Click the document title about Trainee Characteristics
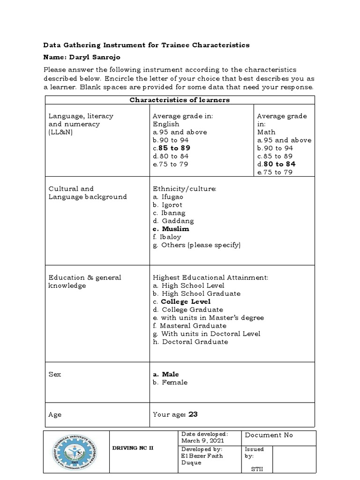point(146,45)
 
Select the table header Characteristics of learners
point(180,100)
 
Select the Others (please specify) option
point(201,245)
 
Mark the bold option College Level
point(185,301)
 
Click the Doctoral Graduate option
point(195,342)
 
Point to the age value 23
point(193,414)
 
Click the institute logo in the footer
point(76,454)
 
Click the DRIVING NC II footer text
point(133,448)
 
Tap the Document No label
point(269,435)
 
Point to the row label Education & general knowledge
point(84,281)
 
